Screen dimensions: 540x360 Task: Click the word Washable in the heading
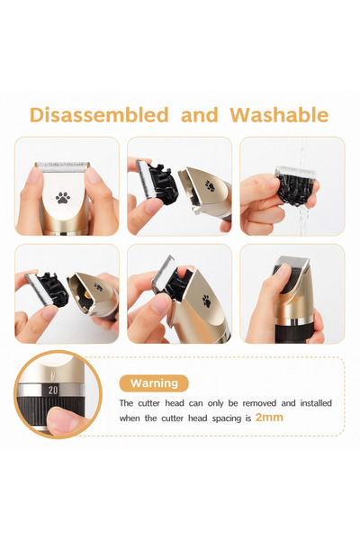click(279, 115)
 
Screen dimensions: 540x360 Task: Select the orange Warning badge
click(154, 383)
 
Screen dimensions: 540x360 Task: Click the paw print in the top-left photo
click(64, 197)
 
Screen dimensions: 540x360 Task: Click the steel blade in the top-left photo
click(62, 167)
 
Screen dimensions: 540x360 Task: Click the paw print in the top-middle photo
click(208, 187)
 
